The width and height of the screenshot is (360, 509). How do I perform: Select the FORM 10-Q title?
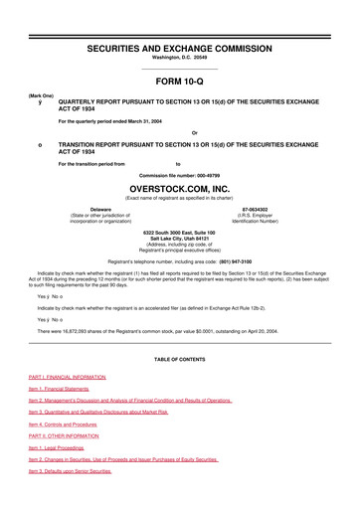(180, 84)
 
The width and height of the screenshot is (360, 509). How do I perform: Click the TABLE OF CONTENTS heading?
(180, 356)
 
